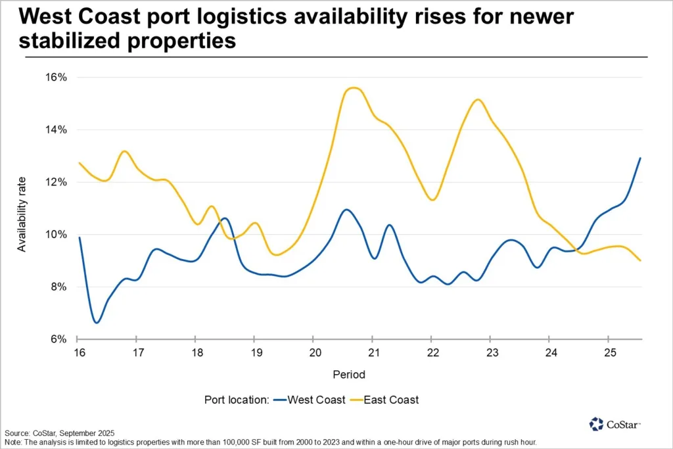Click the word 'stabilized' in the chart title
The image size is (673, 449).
pyautogui.click(x=69, y=42)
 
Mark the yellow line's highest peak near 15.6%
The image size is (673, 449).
pyautogui.click(x=354, y=87)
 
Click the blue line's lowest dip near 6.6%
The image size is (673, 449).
pyautogui.click(x=97, y=323)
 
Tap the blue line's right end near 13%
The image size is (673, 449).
pyautogui.click(x=640, y=158)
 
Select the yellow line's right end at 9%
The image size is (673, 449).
pyautogui.click(x=640, y=260)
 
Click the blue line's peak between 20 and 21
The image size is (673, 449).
pyautogui.click(x=346, y=210)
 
